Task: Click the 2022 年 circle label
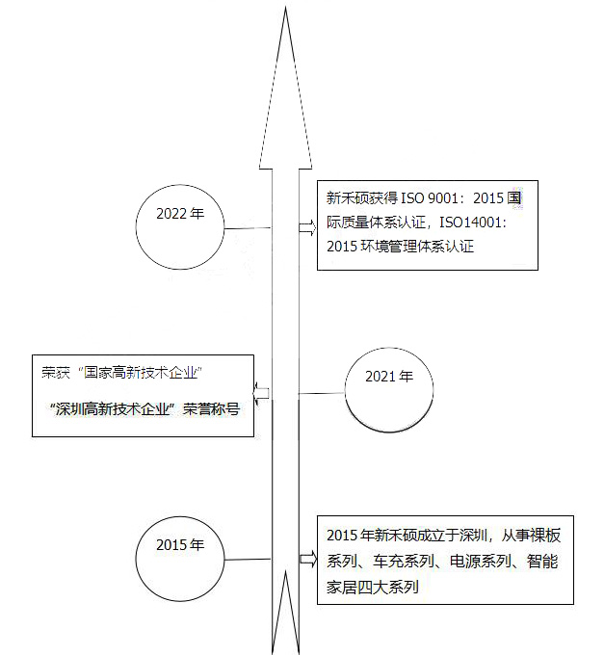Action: point(180,214)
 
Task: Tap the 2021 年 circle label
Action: point(389,377)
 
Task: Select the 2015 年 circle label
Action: point(180,545)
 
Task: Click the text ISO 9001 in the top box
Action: point(430,198)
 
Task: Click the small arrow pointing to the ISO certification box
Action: point(307,227)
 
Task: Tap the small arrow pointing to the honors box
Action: point(261,394)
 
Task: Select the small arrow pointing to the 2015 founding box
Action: point(308,559)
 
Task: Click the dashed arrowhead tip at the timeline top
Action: point(286,8)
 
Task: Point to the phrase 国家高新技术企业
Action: point(140,372)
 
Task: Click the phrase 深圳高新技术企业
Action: point(113,409)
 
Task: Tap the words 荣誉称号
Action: point(211,409)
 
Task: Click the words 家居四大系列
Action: point(373,587)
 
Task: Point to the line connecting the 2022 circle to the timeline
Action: point(248,228)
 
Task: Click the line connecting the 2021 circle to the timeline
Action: point(322,393)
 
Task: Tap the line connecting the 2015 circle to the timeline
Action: point(248,560)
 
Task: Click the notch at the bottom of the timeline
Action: point(286,571)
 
